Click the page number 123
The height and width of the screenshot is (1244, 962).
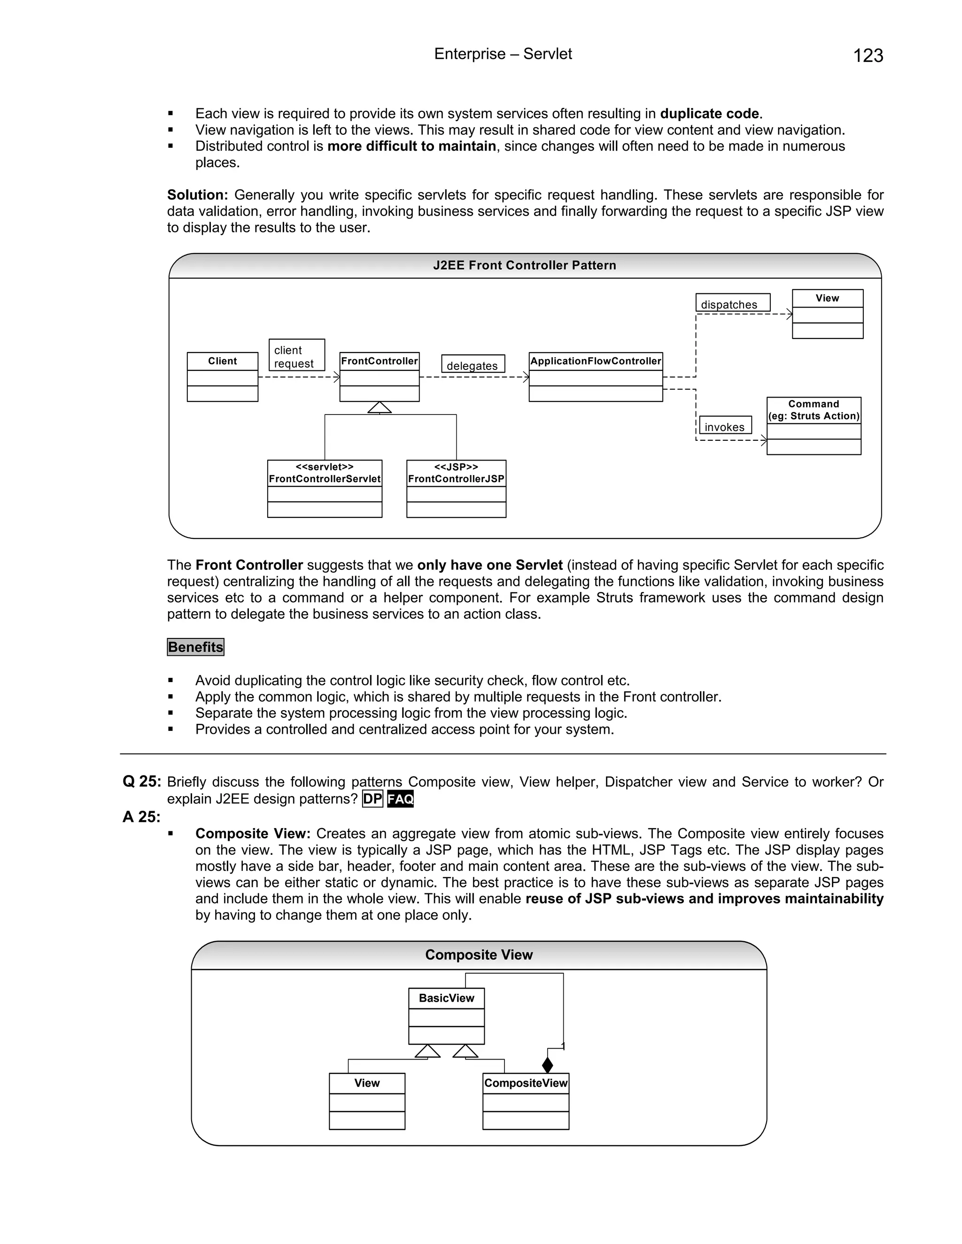(x=868, y=56)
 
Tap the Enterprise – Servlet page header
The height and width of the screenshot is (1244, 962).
(x=503, y=54)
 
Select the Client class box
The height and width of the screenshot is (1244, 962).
(x=222, y=376)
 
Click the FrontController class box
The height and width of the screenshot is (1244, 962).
(x=379, y=376)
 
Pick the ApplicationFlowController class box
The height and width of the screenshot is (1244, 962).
(x=595, y=376)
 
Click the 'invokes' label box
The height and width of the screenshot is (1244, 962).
(x=725, y=425)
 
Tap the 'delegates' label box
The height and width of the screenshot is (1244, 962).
(x=473, y=364)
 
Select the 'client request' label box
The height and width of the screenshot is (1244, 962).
(x=296, y=355)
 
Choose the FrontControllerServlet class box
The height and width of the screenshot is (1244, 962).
(x=324, y=488)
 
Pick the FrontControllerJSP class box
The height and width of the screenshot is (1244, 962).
(x=456, y=488)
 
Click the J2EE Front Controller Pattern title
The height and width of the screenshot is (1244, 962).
(x=524, y=265)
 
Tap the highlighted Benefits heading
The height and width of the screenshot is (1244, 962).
(x=195, y=647)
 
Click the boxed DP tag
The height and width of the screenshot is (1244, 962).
(x=372, y=799)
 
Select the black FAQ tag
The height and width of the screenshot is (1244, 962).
(x=400, y=799)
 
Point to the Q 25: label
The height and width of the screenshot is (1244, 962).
(x=142, y=782)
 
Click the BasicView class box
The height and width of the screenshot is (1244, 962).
(x=446, y=1015)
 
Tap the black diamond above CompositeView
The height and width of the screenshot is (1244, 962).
(x=547, y=1065)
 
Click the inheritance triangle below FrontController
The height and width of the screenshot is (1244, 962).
(x=380, y=407)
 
